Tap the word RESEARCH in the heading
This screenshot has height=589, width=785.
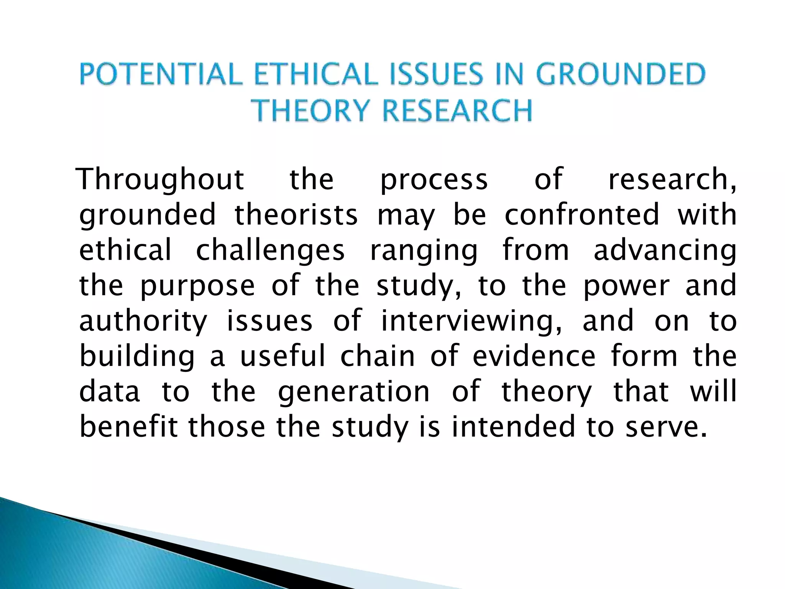[458, 110]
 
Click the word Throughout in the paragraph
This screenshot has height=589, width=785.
[160, 179]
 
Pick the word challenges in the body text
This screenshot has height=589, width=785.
[270, 250]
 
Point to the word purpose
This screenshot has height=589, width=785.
[197, 286]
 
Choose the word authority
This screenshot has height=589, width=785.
[143, 321]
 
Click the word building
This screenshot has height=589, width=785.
[137, 357]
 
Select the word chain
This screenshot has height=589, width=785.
[378, 356]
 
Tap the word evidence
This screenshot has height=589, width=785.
[534, 356]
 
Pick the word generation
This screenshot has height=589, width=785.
[354, 392]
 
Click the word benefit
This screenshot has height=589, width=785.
[129, 426]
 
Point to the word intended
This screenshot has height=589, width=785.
[514, 426]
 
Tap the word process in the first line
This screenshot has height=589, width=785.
[434, 180]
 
